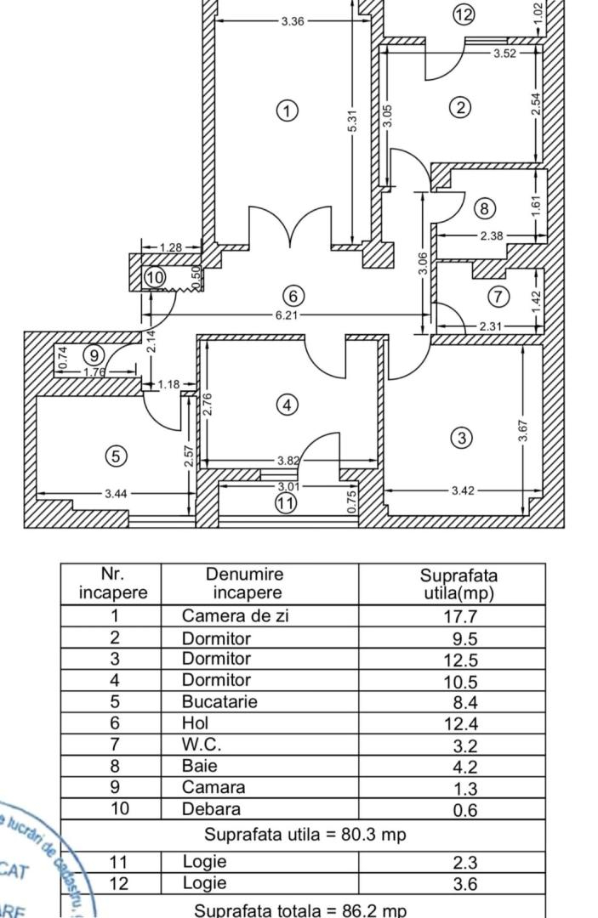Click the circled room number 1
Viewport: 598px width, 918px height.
click(x=288, y=110)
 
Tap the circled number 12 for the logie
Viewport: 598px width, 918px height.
click(x=464, y=14)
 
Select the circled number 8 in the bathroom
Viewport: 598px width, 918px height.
click(x=483, y=208)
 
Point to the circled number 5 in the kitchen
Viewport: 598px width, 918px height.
click(x=116, y=456)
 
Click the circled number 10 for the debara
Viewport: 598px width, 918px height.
click(x=154, y=277)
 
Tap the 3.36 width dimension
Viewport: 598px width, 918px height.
click(x=292, y=21)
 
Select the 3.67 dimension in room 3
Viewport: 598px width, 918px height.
click(x=524, y=431)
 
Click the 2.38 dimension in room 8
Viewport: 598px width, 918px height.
click(x=491, y=236)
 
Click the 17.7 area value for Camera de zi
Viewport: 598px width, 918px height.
click(x=465, y=617)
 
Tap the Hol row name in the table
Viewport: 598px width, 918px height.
click(x=195, y=723)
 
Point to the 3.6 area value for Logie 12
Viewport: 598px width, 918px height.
click(x=465, y=884)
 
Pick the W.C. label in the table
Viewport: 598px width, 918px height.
click(x=202, y=745)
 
